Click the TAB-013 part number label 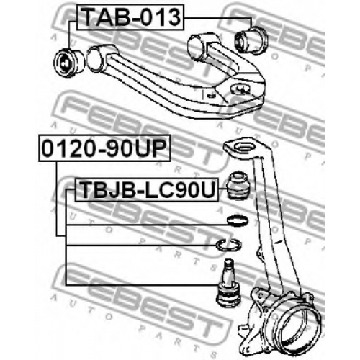click(130, 17)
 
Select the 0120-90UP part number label click(104, 148)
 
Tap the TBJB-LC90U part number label click(147, 189)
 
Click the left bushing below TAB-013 click(69, 62)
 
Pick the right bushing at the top click(251, 41)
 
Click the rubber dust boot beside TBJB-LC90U click(238, 185)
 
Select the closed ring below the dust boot click(238, 220)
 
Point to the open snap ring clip click(229, 245)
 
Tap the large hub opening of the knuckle click(302, 324)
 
